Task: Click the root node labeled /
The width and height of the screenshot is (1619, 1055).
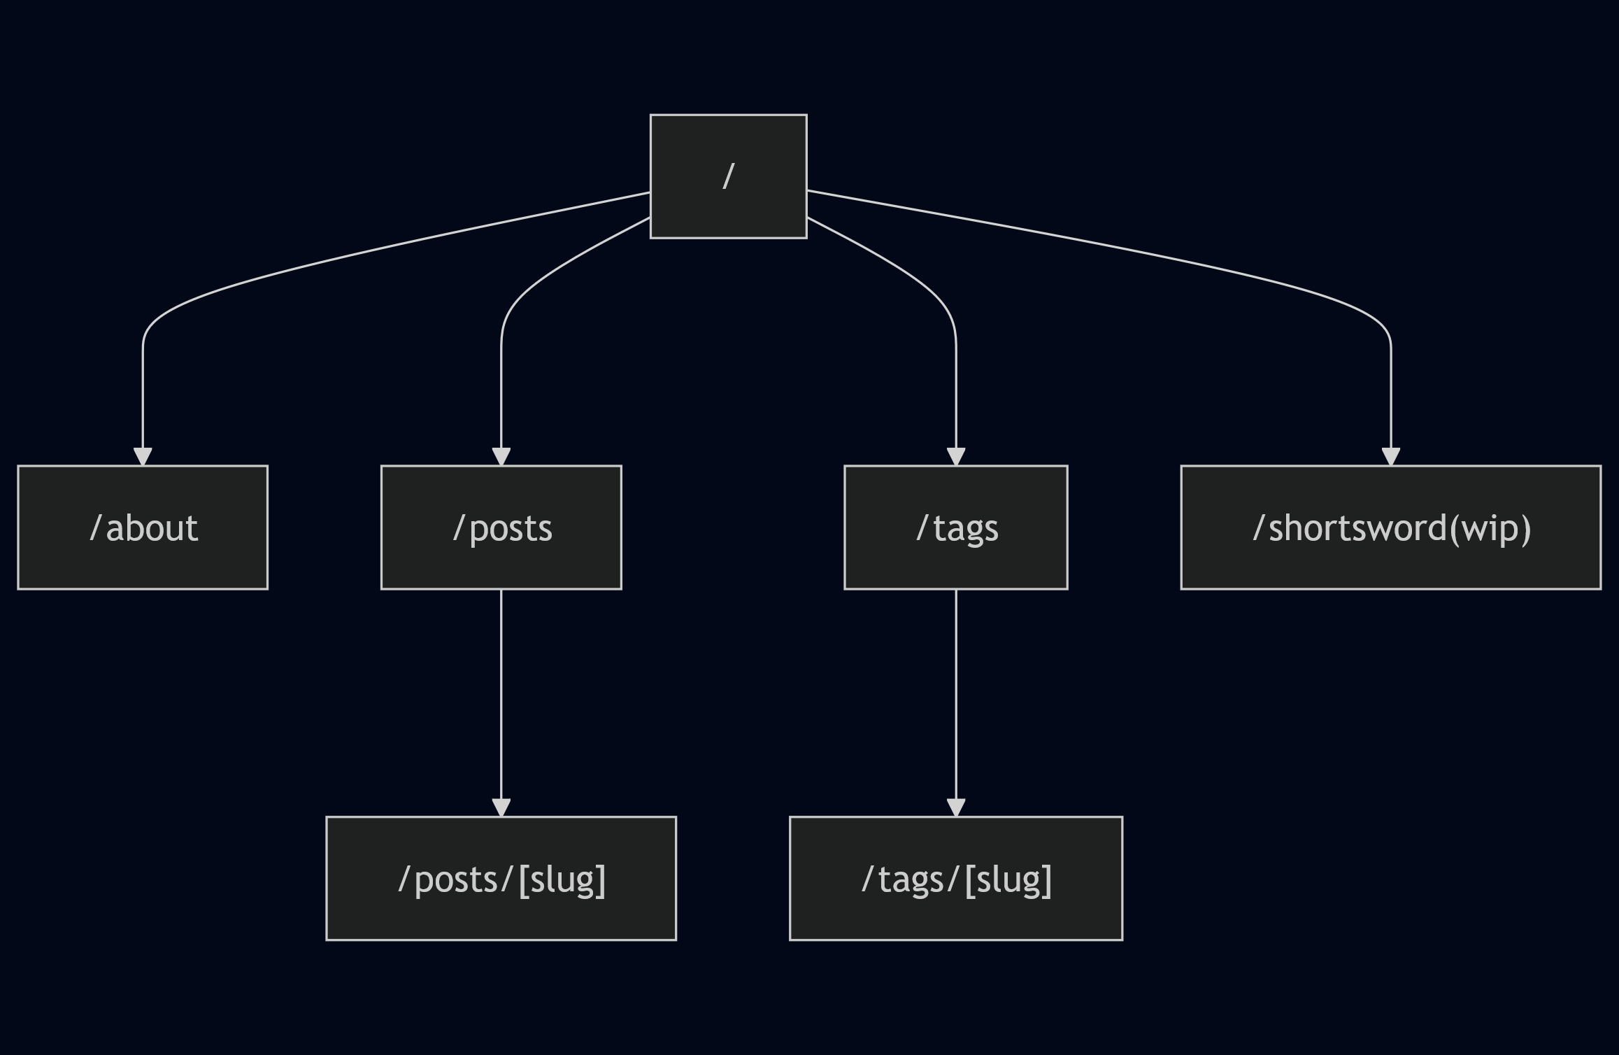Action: click(728, 176)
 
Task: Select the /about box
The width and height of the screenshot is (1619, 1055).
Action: click(143, 527)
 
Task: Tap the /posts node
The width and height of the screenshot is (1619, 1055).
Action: click(501, 527)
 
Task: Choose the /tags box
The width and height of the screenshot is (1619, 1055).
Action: click(955, 527)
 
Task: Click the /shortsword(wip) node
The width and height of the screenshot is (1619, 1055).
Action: click(1390, 527)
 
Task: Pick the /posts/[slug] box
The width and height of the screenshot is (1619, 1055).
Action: click(501, 878)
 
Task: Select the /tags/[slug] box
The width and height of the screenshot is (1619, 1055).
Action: click(955, 878)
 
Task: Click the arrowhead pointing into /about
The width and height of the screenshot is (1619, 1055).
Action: click(143, 457)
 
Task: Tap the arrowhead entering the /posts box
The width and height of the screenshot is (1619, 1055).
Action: click(501, 457)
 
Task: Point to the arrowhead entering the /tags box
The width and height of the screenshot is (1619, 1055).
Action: click(955, 457)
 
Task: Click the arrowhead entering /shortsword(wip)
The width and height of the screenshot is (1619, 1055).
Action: click(1390, 457)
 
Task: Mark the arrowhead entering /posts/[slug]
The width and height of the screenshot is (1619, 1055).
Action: click(501, 807)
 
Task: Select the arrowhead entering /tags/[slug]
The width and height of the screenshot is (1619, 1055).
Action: click(955, 807)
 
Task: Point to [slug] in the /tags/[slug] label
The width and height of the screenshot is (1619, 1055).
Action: click(1008, 879)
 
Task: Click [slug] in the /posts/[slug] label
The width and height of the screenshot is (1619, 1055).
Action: click(562, 879)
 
